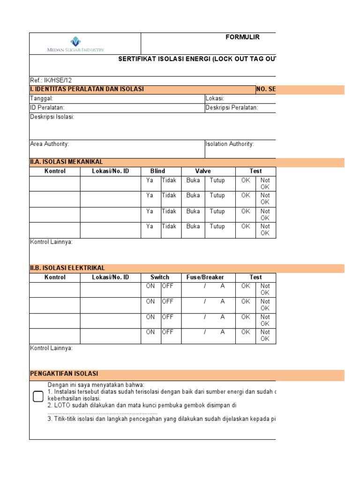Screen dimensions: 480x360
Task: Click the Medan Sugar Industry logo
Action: click(75, 44)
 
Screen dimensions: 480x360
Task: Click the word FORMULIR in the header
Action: click(242, 37)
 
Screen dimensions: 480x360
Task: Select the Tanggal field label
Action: click(41, 98)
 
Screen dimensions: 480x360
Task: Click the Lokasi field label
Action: click(215, 98)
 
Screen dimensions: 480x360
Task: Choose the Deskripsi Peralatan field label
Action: click(232, 108)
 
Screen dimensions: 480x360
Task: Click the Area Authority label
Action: click(49, 144)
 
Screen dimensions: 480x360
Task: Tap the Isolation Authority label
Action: click(230, 144)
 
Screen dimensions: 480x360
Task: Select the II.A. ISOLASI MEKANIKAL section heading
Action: click(66, 162)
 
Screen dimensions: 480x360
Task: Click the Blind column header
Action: click(157, 171)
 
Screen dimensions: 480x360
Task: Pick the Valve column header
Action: click(203, 171)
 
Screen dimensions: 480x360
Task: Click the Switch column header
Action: click(159, 277)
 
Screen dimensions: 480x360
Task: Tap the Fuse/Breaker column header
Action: click(205, 277)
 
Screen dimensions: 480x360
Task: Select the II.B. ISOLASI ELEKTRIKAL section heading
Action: click(67, 268)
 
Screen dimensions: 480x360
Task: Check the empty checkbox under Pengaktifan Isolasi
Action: click(38, 397)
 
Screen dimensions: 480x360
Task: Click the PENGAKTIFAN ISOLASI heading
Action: click(64, 374)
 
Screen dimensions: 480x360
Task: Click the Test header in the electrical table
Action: click(255, 277)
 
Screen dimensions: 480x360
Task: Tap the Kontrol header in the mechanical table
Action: click(55, 171)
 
